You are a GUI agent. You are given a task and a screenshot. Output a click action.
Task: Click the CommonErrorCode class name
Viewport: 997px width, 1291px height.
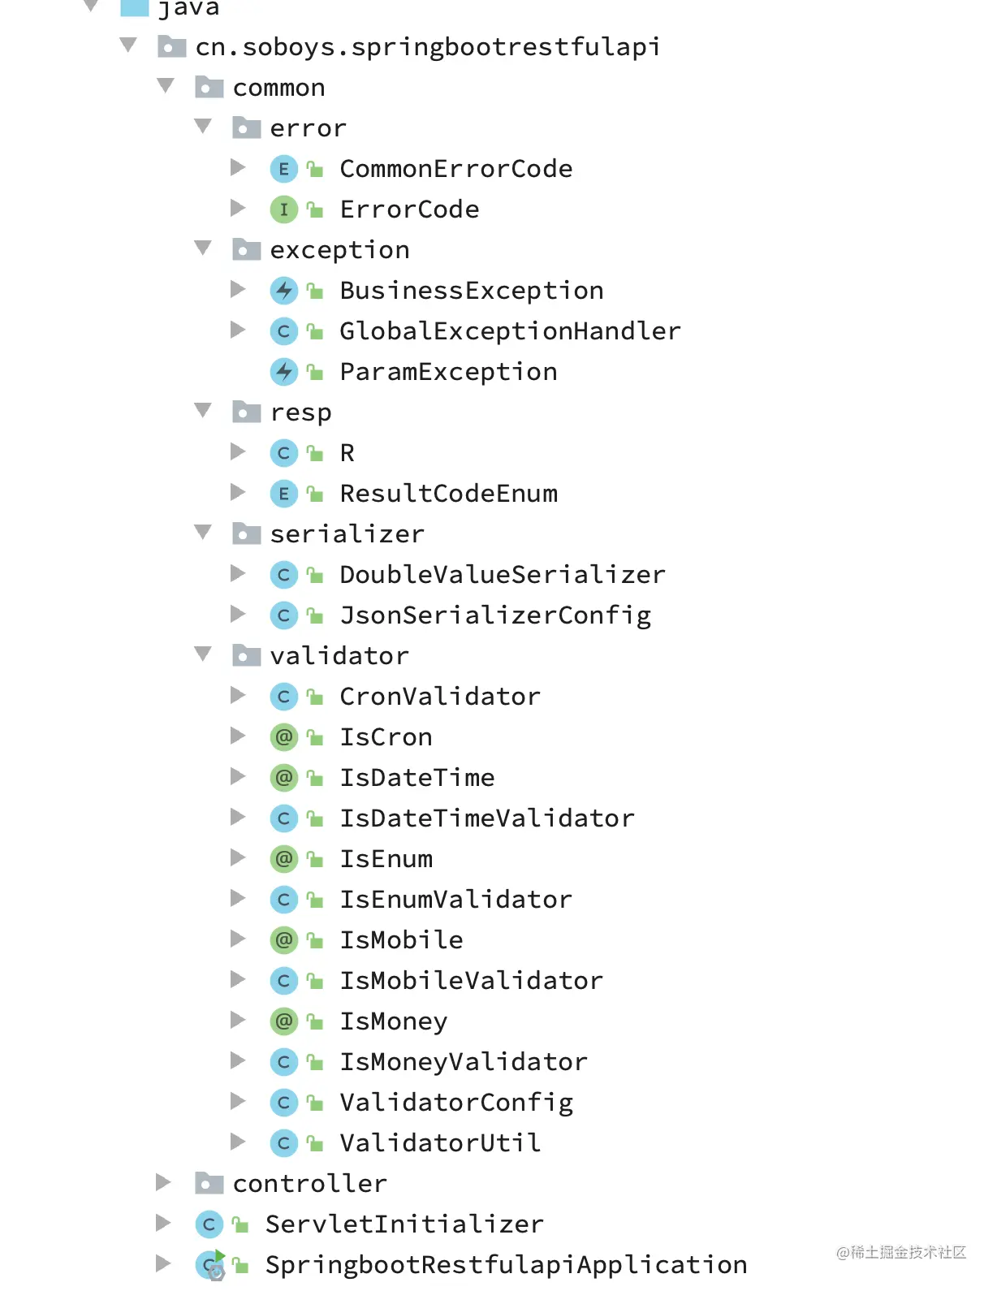[455, 169]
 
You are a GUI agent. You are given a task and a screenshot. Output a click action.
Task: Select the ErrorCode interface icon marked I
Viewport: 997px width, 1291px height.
[283, 209]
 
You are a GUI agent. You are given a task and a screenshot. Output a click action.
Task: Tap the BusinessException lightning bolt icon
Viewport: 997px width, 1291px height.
[283, 291]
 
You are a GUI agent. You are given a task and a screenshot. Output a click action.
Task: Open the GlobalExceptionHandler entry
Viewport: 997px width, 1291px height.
[509, 331]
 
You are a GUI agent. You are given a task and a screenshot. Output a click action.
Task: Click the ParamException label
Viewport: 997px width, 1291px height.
[448, 372]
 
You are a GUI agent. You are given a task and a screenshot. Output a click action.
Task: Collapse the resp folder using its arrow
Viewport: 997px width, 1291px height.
[203, 411]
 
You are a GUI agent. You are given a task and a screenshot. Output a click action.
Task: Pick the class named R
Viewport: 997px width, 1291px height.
[347, 453]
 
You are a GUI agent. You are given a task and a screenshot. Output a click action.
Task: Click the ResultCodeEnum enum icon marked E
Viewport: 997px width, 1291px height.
[283, 494]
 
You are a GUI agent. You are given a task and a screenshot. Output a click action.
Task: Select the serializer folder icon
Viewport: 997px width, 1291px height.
[246, 533]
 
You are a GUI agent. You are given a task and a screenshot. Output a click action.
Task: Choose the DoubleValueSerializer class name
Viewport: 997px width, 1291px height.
[502, 575]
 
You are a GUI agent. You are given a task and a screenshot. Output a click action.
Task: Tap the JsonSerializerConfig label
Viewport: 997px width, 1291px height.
[495, 615]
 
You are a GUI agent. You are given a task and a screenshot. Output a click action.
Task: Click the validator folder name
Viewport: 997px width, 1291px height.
[339, 656]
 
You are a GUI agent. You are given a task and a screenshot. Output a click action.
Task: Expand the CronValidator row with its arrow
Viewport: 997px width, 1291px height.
[238, 695]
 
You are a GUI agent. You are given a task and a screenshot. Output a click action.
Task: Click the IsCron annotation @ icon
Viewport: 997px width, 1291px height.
[283, 737]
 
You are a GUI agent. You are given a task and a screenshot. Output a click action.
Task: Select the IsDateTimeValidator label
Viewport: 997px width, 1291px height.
[486, 818]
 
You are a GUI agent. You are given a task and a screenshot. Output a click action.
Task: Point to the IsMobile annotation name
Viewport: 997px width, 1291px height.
[401, 940]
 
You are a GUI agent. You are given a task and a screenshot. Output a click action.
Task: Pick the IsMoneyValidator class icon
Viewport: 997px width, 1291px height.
[283, 1062]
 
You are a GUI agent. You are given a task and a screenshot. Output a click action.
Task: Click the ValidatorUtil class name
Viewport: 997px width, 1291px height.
[440, 1143]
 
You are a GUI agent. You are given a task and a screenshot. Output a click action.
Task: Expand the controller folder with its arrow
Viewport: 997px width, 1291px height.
[163, 1182]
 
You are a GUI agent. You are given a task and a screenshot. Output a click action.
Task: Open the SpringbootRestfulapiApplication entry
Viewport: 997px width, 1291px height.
[506, 1265]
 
